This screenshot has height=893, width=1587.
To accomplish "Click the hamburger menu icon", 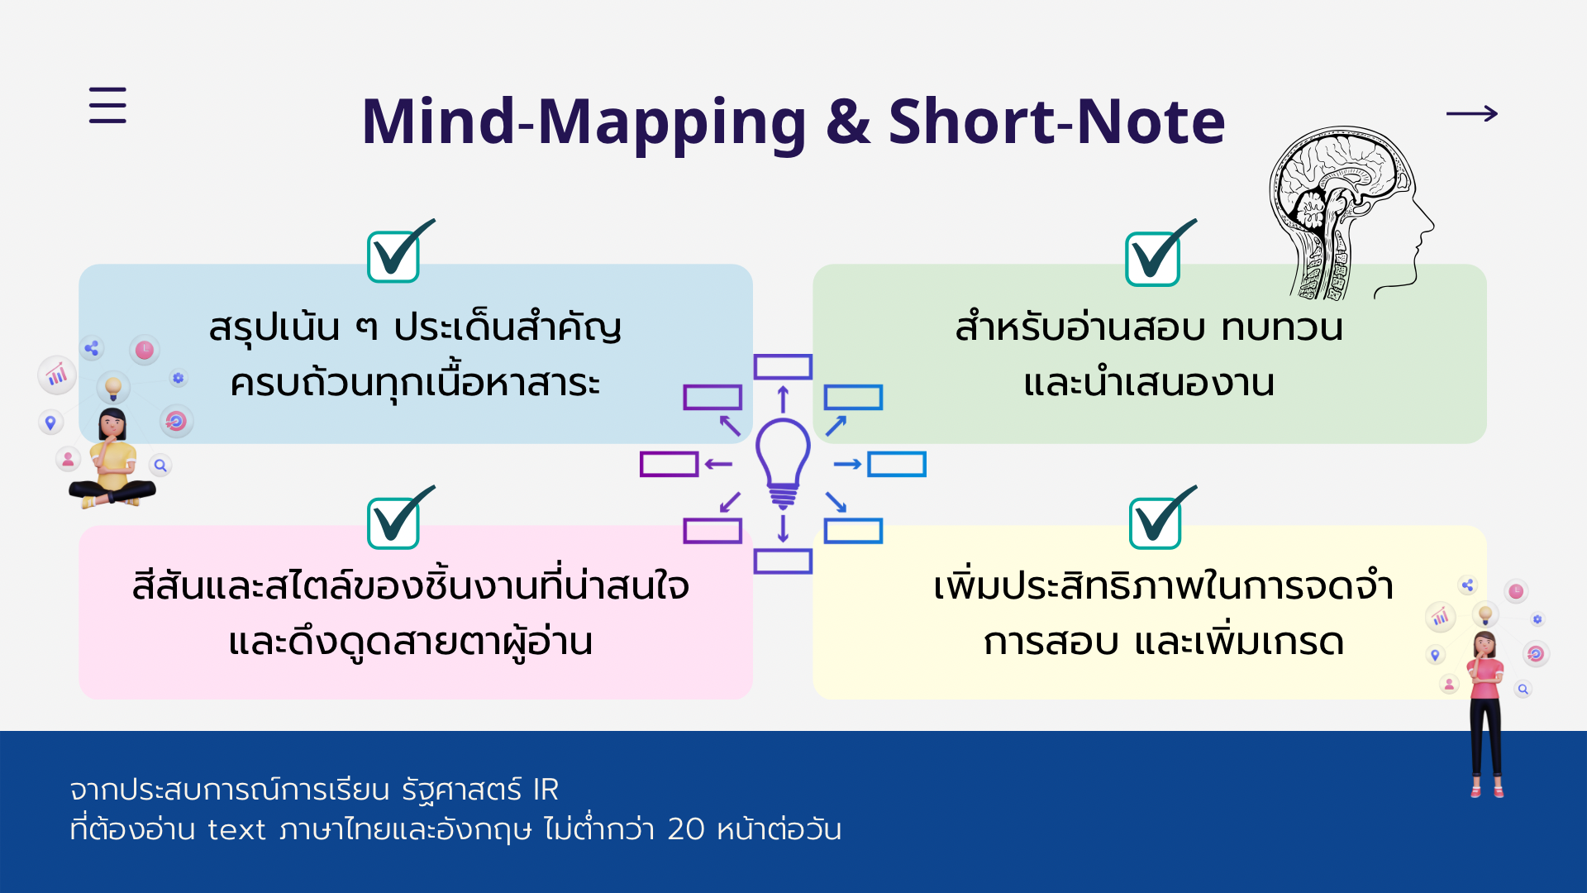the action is click(107, 105).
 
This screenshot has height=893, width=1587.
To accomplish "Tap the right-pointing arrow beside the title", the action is click(1472, 113).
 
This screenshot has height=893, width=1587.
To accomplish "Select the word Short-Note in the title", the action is click(1056, 122).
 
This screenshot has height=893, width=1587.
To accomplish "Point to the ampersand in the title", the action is click(848, 122).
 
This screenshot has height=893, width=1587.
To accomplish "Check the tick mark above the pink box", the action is click(401, 518).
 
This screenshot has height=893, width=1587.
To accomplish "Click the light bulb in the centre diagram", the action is click(783, 463).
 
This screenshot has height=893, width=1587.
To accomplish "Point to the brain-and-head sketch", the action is click(1351, 213).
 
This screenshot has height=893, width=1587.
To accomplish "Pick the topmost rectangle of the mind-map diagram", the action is click(783, 367).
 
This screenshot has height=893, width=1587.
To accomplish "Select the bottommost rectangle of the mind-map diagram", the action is click(783, 561).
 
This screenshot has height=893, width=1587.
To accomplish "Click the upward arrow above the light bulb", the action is click(783, 399).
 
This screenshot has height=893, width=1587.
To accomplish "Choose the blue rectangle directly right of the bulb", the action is click(897, 464).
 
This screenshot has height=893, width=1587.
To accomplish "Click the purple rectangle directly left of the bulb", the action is click(670, 464).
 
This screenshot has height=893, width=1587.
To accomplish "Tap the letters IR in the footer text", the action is click(546, 790).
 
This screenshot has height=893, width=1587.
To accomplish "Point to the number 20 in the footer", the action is click(685, 829).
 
